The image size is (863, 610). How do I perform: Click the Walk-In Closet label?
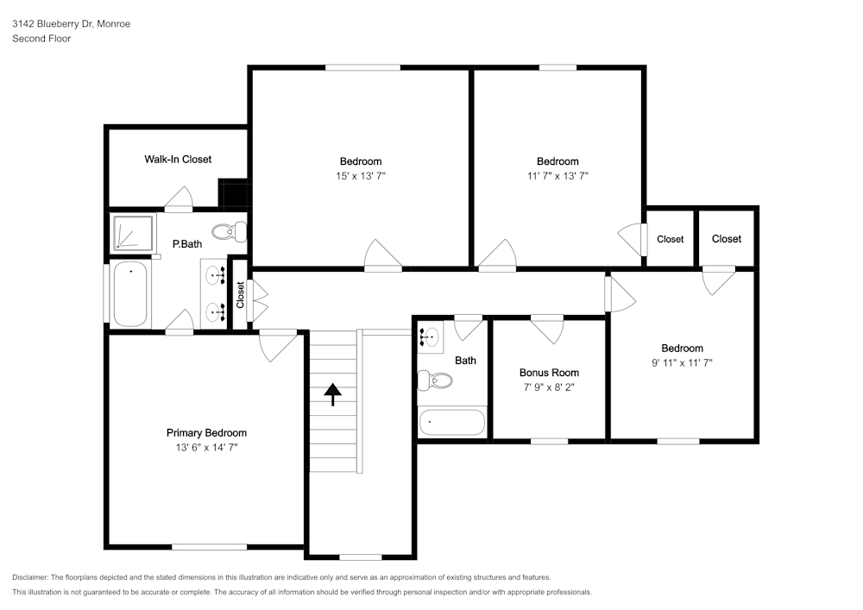point(178,160)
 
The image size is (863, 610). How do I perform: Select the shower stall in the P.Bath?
point(133,233)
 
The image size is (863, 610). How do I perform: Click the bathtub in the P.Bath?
point(130,293)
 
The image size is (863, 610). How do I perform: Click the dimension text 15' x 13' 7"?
point(361,176)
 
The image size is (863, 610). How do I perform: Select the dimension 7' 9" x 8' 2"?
point(549,387)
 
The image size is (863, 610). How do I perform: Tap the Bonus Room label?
point(549,373)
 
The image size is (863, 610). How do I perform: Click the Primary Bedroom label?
point(206,433)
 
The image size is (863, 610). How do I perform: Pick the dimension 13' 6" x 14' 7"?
point(206,448)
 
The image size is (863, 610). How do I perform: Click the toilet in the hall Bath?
point(434,380)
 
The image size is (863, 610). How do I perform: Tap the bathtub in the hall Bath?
point(452,422)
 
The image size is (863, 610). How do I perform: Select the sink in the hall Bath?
point(431,335)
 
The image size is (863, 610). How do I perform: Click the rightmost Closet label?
point(727,239)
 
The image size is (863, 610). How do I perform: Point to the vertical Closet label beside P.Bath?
point(240,295)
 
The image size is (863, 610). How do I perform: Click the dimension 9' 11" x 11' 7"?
point(682,363)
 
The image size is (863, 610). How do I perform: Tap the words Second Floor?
point(41,39)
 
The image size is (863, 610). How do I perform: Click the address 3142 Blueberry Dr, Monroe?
point(71,23)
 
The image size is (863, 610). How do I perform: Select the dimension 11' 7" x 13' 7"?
point(557,176)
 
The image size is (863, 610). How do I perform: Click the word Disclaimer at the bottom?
point(29,577)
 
